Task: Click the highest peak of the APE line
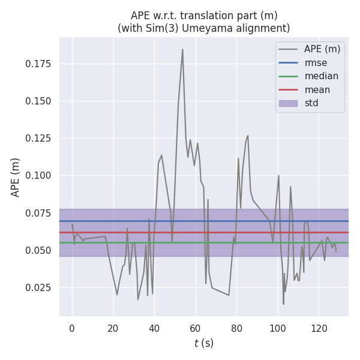[x=182, y=49]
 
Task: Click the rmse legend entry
[x=314, y=62]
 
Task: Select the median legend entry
[x=321, y=76]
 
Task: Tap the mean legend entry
[x=317, y=90]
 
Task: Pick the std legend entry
[x=311, y=103]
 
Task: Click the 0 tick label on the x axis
[x=72, y=328]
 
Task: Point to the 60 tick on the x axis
[x=196, y=328]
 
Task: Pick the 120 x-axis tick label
[x=319, y=328]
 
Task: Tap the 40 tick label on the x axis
[x=154, y=328]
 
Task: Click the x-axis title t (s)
[x=204, y=343]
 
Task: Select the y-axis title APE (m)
[x=16, y=177]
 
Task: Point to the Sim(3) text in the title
[x=163, y=28]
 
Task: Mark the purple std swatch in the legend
[x=288, y=103]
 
